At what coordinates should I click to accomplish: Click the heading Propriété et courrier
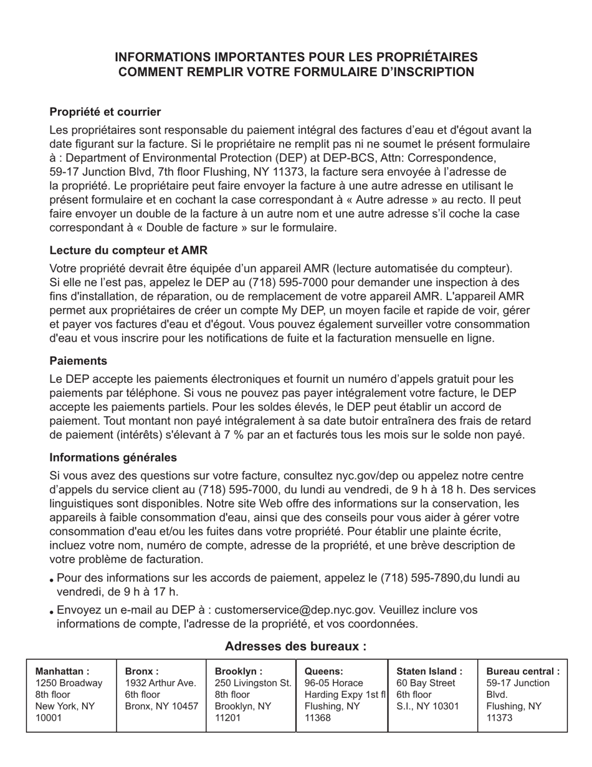[105, 112]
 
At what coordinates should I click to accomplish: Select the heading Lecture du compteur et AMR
[128, 250]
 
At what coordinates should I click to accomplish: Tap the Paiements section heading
[79, 361]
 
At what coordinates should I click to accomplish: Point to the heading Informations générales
[113, 458]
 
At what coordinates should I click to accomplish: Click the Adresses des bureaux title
[295, 646]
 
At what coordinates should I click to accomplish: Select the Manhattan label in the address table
[62, 672]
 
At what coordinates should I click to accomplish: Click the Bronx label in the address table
[142, 672]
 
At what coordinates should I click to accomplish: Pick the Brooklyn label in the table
[239, 672]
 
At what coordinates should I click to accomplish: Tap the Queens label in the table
[324, 672]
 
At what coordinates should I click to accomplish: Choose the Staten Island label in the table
[429, 672]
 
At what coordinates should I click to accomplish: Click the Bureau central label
[523, 672]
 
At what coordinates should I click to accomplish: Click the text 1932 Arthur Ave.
[161, 683]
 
